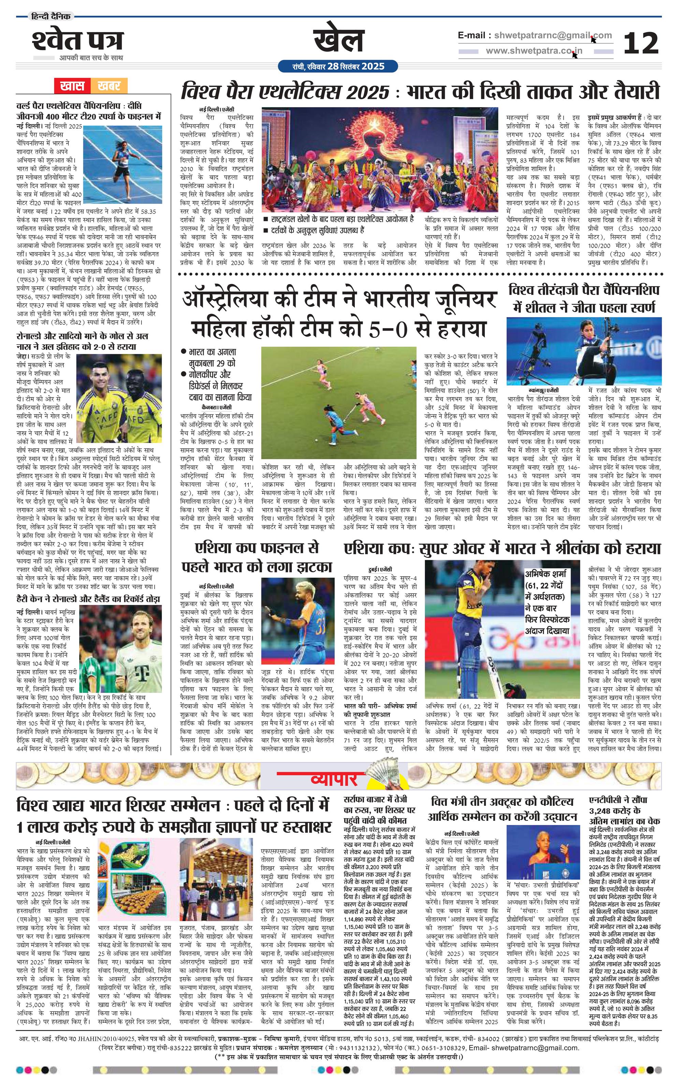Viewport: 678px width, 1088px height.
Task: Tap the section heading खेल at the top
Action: [338, 41]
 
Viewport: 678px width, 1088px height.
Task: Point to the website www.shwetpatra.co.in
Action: [534, 50]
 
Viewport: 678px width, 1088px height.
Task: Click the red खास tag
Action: [71, 85]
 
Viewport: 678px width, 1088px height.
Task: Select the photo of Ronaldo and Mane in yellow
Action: [119, 392]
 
